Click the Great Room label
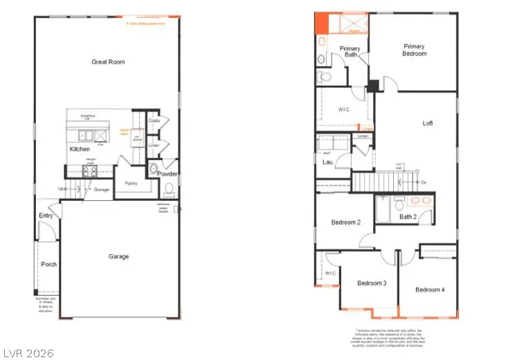pyautogui.click(x=108, y=62)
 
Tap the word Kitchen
pyautogui.click(x=80, y=149)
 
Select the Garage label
pyautogui.click(x=118, y=257)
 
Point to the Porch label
pyautogui.click(x=48, y=264)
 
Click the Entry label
pyautogui.click(x=46, y=216)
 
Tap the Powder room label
pyautogui.click(x=167, y=173)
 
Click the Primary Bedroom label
pyautogui.click(x=415, y=50)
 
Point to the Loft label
pyautogui.click(x=428, y=124)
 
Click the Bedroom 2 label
pyautogui.click(x=345, y=222)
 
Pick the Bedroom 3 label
pyautogui.click(x=372, y=283)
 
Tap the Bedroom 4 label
pyautogui.click(x=430, y=289)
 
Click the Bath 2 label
pyautogui.click(x=408, y=217)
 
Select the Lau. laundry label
pyautogui.click(x=327, y=162)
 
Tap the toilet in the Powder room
pyautogui.click(x=154, y=170)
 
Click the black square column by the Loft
pyautogui.click(x=374, y=86)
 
